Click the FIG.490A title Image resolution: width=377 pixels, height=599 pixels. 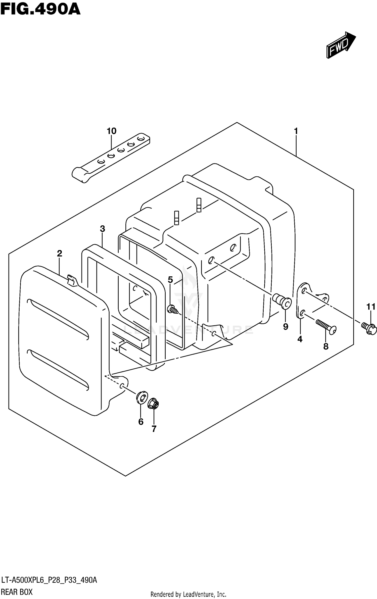[40, 10]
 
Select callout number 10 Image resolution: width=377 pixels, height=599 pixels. [112, 131]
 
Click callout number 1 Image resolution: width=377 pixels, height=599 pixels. [296, 131]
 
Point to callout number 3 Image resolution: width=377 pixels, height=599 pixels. [102, 229]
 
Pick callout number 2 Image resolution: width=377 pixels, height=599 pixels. [59, 253]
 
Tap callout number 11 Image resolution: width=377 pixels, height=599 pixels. [371, 307]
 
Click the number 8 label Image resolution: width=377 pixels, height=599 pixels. [326, 346]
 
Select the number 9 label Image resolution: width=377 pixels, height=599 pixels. [286, 327]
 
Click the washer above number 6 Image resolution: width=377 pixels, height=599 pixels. [142, 397]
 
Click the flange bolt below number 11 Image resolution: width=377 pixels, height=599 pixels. [369, 328]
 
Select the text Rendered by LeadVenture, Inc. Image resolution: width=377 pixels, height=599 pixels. [188, 594]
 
